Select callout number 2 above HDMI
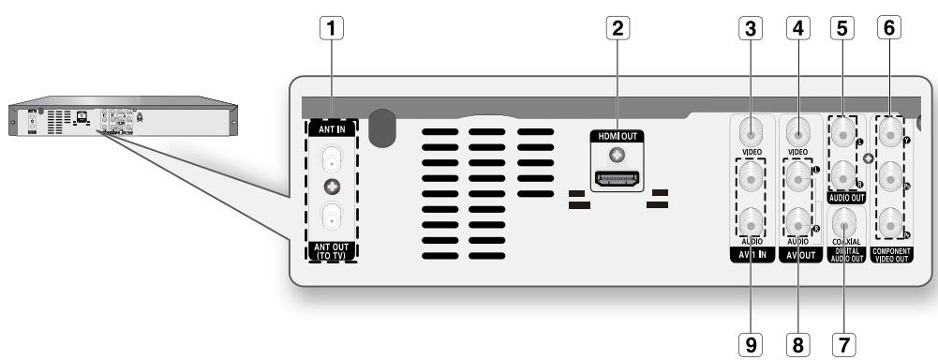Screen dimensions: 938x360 pyautogui.click(x=616, y=28)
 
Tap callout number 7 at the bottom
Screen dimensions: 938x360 pyautogui.click(x=846, y=344)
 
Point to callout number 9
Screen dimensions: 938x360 pyautogui.click(x=749, y=344)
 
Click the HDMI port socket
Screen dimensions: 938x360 pyautogui.click(x=616, y=176)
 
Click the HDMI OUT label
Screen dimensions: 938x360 pyautogui.click(x=615, y=137)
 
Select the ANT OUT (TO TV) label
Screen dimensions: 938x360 pyautogui.click(x=331, y=249)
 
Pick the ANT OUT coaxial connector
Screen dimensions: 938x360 pyautogui.click(x=331, y=217)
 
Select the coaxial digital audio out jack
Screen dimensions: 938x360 pyautogui.click(x=845, y=221)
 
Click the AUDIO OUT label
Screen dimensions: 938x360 pyautogui.click(x=846, y=199)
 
